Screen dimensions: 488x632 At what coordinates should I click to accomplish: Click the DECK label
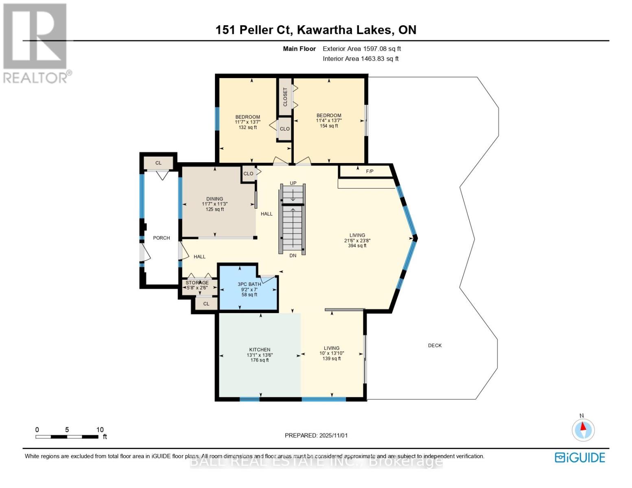tap(434, 345)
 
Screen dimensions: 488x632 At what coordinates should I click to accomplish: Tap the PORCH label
tap(161, 238)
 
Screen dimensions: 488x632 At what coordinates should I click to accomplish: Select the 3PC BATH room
tap(249, 289)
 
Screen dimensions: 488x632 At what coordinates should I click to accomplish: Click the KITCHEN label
tap(260, 350)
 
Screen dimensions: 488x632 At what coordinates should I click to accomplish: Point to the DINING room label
tap(214, 199)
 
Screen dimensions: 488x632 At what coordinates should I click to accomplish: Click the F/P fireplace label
tap(370, 172)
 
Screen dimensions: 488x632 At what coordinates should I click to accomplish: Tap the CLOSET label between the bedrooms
tap(285, 97)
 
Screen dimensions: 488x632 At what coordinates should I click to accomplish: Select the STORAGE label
tap(197, 283)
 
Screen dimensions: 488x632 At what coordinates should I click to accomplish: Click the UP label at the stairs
tap(293, 183)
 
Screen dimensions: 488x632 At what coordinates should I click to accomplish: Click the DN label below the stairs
tap(293, 255)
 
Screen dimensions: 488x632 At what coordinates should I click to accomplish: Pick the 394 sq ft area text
tap(357, 246)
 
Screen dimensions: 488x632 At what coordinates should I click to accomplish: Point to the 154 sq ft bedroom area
tap(329, 126)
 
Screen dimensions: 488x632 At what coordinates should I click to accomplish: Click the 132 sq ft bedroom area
tap(247, 128)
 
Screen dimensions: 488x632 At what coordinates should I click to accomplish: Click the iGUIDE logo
tap(580, 457)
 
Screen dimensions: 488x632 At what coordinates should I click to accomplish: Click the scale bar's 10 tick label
tap(100, 430)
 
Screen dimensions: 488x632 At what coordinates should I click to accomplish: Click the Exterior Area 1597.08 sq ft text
tap(362, 49)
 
